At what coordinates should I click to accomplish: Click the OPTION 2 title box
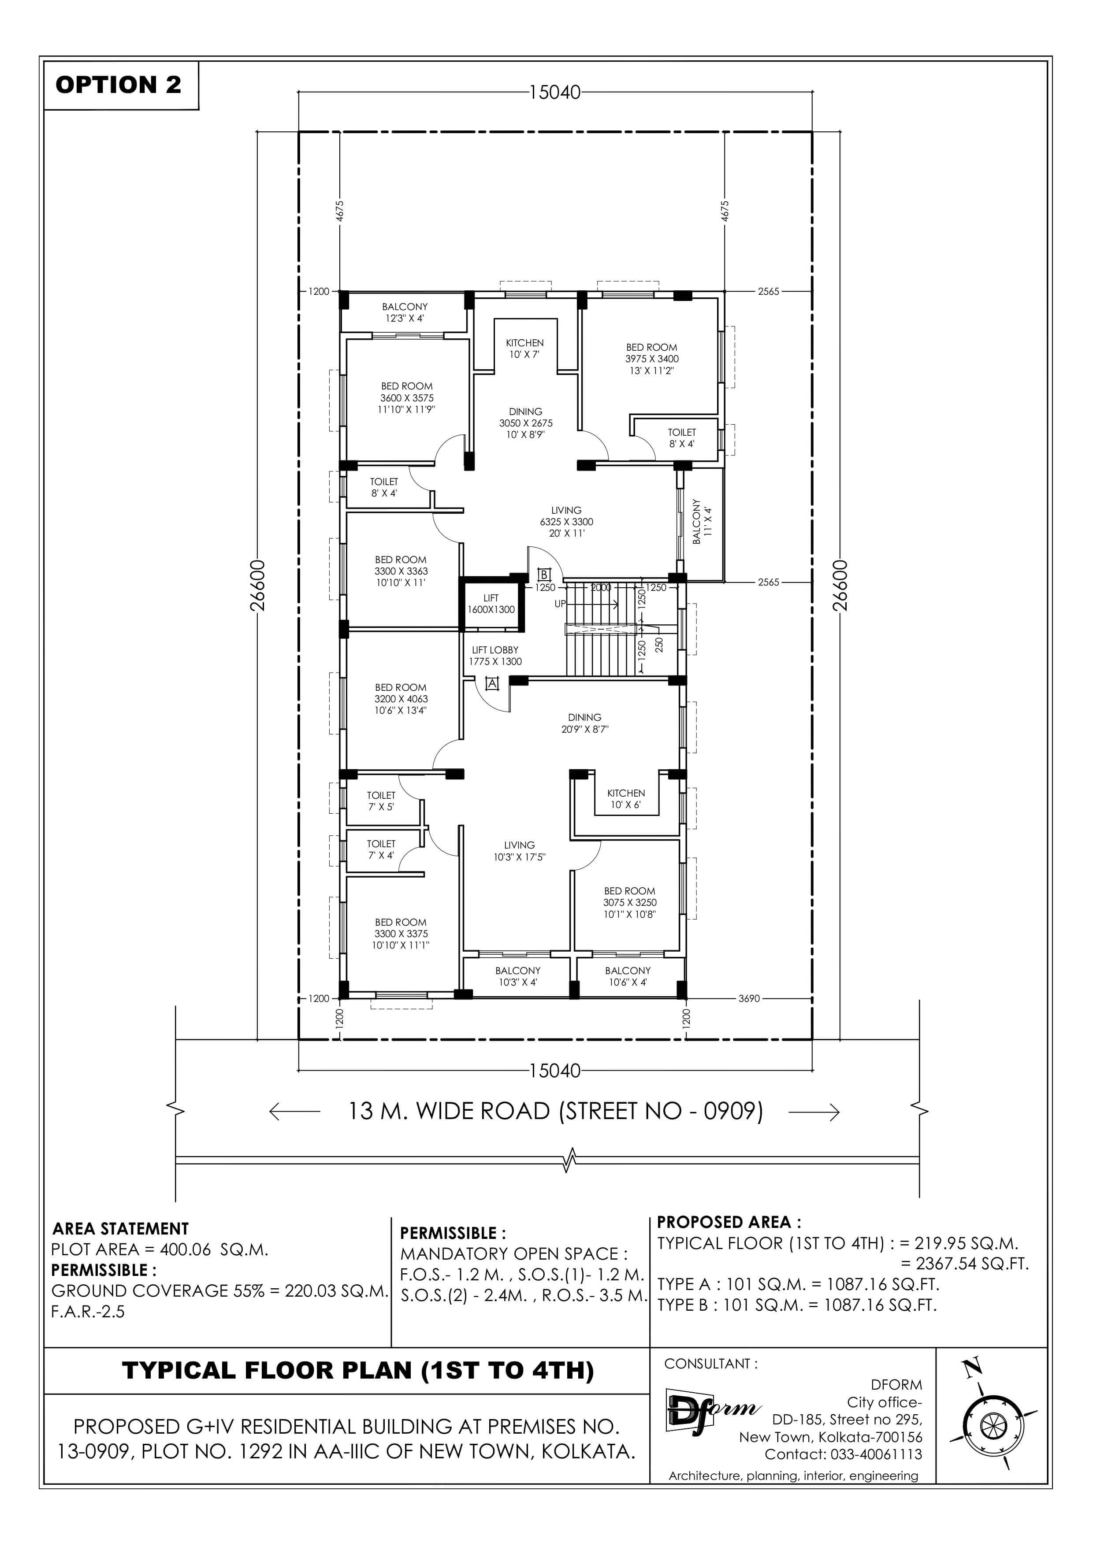(x=121, y=85)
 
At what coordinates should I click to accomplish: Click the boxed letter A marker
(x=492, y=683)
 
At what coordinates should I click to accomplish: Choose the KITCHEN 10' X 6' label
(x=626, y=799)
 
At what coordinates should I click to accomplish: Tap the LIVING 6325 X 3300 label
(x=566, y=522)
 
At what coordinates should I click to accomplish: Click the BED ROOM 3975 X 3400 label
(x=652, y=359)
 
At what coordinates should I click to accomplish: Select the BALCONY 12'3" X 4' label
(x=405, y=312)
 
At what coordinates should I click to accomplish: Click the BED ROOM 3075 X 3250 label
(x=630, y=902)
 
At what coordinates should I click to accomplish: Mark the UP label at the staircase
(x=560, y=604)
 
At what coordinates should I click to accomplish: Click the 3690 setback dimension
(x=749, y=998)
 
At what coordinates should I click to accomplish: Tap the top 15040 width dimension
(x=555, y=92)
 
